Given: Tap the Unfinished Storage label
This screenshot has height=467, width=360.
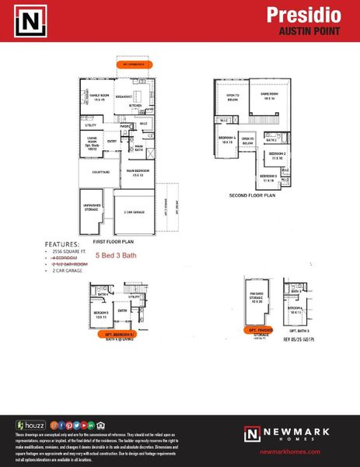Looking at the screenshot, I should [x=95, y=207].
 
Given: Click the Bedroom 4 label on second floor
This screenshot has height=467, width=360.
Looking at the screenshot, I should [x=226, y=140].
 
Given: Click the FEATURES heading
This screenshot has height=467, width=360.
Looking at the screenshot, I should [x=62, y=244].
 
